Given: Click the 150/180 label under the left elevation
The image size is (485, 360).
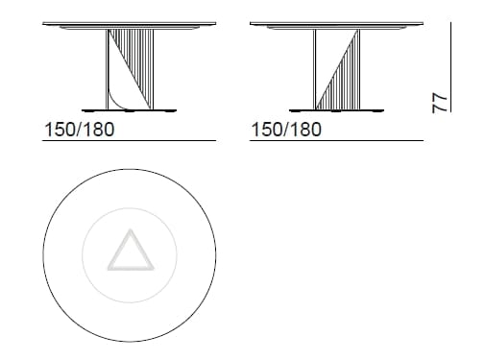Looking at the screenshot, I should (80, 132).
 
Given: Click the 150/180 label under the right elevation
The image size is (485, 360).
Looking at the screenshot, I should (285, 132).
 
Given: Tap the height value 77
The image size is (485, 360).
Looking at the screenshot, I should (441, 104).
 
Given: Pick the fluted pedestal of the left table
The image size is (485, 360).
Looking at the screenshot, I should (135, 67).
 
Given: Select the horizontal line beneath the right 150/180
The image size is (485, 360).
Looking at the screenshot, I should (336, 141).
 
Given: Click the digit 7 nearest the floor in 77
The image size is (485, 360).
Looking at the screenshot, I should (441, 108).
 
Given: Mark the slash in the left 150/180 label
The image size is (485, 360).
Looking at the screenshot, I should (81, 132).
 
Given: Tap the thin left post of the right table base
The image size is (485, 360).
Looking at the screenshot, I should (316, 67).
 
